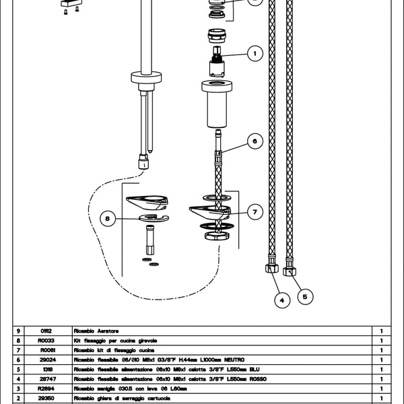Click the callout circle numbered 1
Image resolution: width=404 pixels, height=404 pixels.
[x=255, y=51]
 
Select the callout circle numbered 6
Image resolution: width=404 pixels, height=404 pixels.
[x=255, y=141]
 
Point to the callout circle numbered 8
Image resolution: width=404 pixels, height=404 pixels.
[x=108, y=217]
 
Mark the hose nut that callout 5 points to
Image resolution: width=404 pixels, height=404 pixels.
[x=290, y=270]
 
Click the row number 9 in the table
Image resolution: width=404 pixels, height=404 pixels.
[x=19, y=331]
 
